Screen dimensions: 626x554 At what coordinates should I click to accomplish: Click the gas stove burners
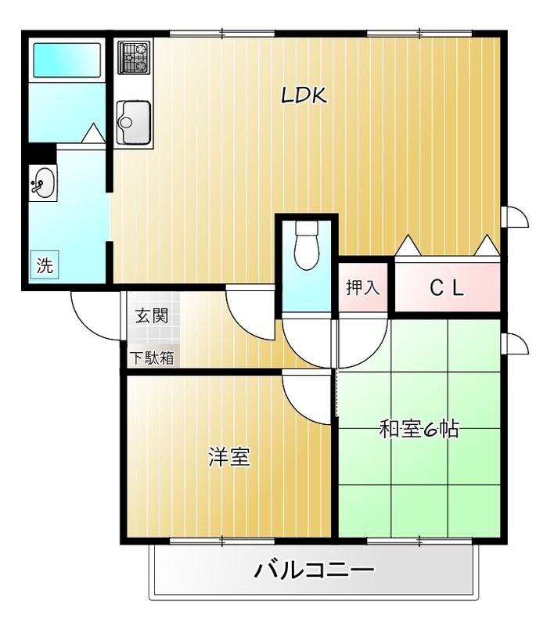click(134, 57)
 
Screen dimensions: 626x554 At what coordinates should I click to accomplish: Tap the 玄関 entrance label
click(151, 316)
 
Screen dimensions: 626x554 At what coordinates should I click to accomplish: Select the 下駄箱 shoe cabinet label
click(152, 358)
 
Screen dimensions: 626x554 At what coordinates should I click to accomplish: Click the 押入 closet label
click(362, 287)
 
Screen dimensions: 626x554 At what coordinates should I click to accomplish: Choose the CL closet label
click(447, 288)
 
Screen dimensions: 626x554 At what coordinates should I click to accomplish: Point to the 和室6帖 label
click(419, 430)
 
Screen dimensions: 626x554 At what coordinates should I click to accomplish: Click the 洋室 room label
click(229, 458)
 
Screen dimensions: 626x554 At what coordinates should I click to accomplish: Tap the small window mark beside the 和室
click(516, 344)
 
